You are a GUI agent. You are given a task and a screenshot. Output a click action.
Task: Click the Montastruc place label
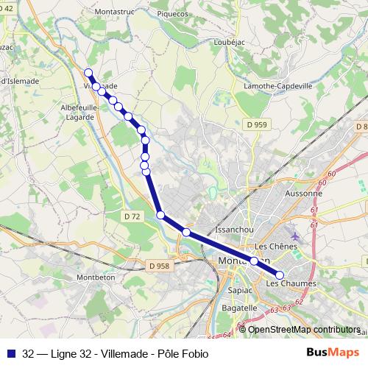click(x=118, y=13)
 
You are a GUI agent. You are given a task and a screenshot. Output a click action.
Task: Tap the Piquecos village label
click(x=171, y=13)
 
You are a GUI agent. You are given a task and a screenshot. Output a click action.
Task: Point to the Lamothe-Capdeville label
click(x=280, y=86)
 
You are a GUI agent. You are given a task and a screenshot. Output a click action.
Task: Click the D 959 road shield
click(x=257, y=125)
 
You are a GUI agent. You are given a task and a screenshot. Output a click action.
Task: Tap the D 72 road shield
click(x=132, y=216)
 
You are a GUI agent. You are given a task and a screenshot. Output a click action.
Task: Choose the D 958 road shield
click(x=158, y=266)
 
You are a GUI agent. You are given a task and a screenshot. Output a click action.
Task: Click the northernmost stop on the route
click(x=88, y=73)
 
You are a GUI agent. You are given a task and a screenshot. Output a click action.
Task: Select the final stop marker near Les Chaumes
click(x=280, y=275)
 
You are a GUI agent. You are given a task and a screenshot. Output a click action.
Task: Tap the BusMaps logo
click(x=333, y=354)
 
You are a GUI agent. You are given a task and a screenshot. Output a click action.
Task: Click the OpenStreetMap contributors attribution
click(x=303, y=330)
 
